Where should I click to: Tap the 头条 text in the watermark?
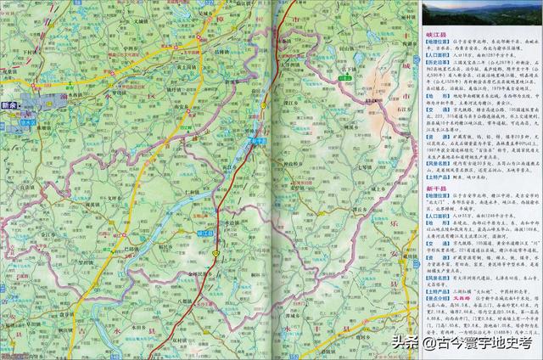406,343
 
